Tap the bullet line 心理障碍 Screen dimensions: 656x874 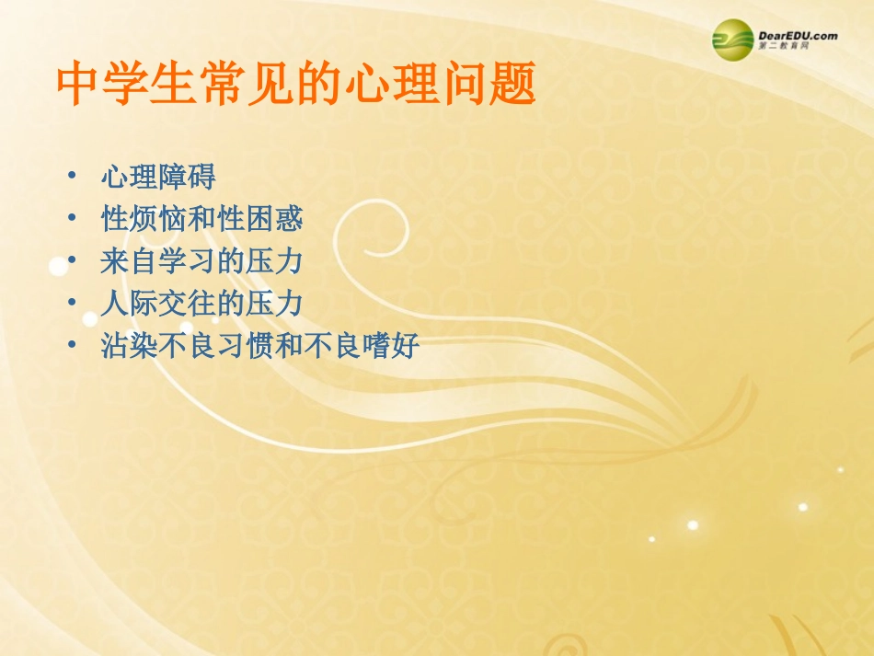[x=157, y=177]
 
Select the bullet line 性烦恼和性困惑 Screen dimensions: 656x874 [x=201, y=219]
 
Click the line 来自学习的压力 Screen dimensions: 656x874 [x=201, y=261]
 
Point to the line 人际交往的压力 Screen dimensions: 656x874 [x=201, y=304]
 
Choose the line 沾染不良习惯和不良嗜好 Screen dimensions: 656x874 [x=259, y=346]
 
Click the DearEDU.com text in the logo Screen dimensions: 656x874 [x=798, y=36]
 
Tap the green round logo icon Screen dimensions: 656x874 [x=732, y=40]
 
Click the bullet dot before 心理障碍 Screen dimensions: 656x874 [x=72, y=177]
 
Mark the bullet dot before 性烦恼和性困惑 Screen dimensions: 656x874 [x=72, y=219]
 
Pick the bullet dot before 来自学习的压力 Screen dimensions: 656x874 [x=72, y=261]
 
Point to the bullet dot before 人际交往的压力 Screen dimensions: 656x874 [x=72, y=304]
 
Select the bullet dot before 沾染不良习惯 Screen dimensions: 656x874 [x=72, y=346]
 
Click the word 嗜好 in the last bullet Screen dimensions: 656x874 [x=391, y=346]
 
